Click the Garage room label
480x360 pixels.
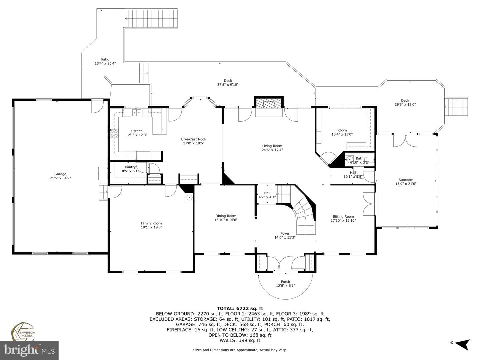(60, 174)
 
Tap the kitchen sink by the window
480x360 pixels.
(137, 113)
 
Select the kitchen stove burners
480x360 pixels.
(114, 133)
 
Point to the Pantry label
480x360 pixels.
(130, 167)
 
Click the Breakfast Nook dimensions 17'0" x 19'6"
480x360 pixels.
(194, 143)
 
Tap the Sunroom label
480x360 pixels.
(406, 180)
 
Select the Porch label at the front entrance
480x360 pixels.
(285, 282)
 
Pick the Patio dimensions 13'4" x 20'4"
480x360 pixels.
(105, 63)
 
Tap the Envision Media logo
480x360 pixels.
(23, 332)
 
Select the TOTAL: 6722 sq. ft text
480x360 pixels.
(240, 308)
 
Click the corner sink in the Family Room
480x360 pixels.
(189, 198)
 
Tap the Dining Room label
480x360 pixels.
(226, 216)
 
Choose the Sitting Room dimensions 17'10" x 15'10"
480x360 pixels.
(343, 221)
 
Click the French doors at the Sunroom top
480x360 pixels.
(405, 141)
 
